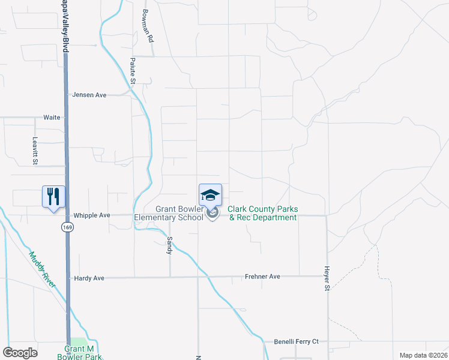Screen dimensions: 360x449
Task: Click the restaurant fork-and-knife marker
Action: pyautogui.click(x=53, y=196)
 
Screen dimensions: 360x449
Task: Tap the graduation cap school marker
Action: pyautogui.click(x=210, y=194)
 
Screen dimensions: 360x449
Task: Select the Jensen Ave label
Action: pyautogui.click(x=89, y=95)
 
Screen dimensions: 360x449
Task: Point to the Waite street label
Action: pyautogui.click(x=52, y=118)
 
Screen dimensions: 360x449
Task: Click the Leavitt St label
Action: pyautogui.click(x=35, y=150)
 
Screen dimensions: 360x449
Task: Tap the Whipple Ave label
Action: pyautogui.click(x=92, y=215)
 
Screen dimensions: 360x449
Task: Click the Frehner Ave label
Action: pyautogui.click(x=262, y=277)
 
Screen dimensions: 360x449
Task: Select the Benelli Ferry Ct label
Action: pyautogui.click(x=296, y=341)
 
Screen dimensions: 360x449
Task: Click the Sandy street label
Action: pyautogui.click(x=170, y=245)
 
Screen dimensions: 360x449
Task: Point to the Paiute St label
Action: pyautogui.click(x=134, y=71)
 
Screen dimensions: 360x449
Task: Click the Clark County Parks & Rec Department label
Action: pyautogui.click(x=262, y=214)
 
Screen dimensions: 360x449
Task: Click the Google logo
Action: pyautogui.click(x=20, y=353)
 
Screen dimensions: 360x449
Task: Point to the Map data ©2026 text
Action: pyautogui.click(x=422, y=355)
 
